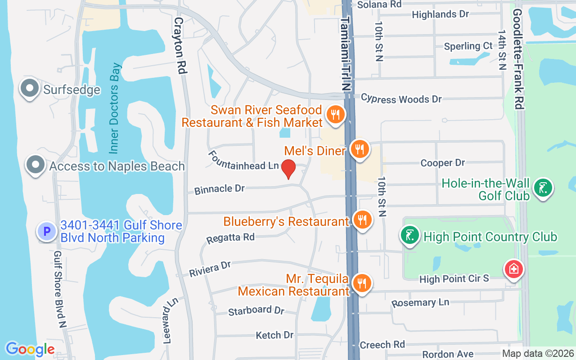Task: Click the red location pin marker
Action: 288,169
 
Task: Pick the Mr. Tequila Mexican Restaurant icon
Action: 361,283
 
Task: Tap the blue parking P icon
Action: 47,232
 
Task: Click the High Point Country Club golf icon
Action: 410,236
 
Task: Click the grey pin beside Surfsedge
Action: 30,89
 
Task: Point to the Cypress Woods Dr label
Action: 401,99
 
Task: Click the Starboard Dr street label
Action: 256,311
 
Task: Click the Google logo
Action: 30,349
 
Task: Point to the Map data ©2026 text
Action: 538,353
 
